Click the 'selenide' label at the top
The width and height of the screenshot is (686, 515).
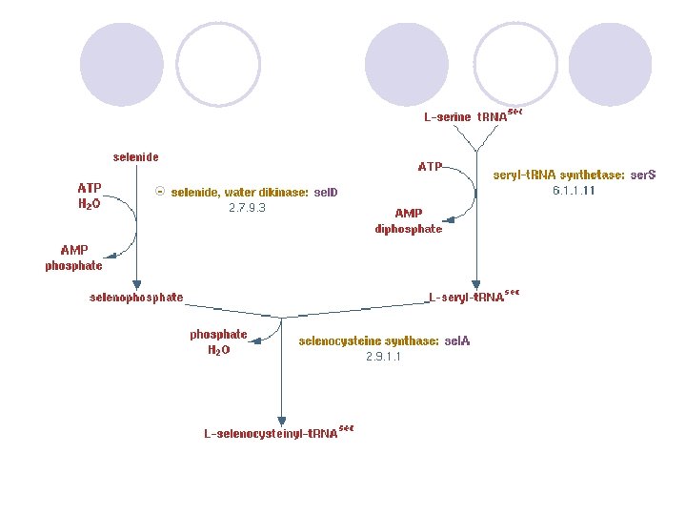[135, 157]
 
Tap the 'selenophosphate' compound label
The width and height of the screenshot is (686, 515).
[136, 298]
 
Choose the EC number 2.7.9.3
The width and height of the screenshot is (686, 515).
[247, 207]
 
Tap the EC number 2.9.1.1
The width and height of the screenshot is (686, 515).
[384, 357]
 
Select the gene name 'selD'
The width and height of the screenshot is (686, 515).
[326, 193]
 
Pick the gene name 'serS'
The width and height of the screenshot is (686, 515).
[643, 175]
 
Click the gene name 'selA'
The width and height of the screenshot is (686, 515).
[457, 340]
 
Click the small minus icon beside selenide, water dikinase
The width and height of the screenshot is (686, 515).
[161, 192]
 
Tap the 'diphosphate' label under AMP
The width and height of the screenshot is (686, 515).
[409, 229]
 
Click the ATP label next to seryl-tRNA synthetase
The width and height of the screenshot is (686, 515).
[430, 167]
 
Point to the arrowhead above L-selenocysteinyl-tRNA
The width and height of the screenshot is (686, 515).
[281, 421]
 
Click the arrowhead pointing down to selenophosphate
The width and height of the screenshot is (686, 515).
[136, 284]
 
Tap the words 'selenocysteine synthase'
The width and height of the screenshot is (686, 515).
[369, 340]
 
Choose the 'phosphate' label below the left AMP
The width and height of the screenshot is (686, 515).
[73, 266]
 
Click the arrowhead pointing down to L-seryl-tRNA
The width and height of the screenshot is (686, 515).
[476, 283]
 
